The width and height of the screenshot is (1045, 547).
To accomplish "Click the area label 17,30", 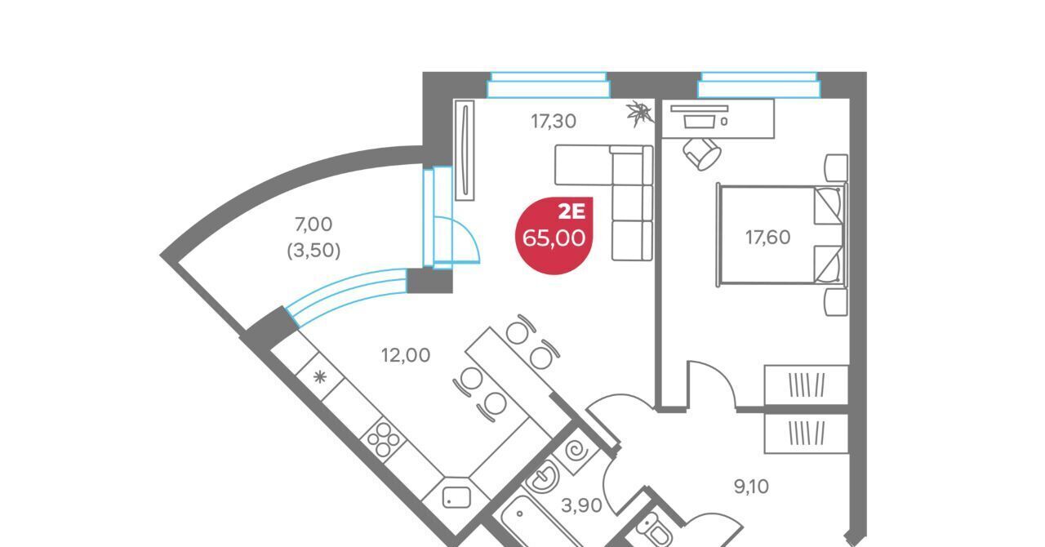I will tap(554, 122).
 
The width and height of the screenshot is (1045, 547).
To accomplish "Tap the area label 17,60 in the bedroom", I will tap(767, 238).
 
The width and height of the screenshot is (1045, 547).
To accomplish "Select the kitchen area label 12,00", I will tap(406, 355).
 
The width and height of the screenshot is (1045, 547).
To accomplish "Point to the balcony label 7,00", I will tap(313, 224).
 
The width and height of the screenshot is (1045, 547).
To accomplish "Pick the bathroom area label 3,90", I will tap(581, 506).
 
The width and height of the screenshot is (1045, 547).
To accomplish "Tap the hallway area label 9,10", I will tap(751, 487).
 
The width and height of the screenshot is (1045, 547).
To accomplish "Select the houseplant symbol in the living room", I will tap(640, 113).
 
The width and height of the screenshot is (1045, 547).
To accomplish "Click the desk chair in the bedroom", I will tap(702, 153).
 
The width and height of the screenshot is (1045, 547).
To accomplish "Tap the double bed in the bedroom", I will tap(780, 236).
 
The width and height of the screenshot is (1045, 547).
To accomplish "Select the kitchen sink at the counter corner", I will tap(454, 496).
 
